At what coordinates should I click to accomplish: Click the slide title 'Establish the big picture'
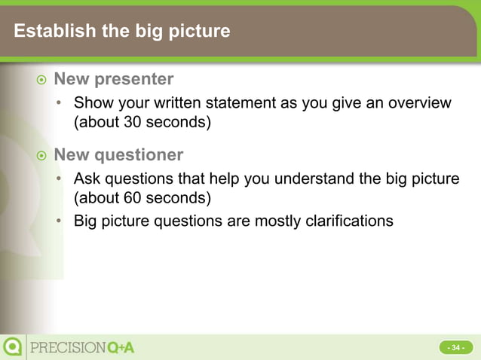point(121,32)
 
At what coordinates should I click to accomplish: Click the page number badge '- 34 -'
point(455,347)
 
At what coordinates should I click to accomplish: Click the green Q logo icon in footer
point(12,347)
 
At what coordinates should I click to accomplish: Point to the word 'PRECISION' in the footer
point(67,348)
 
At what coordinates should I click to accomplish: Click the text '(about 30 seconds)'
point(142,121)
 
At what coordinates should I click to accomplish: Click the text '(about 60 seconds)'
point(142,198)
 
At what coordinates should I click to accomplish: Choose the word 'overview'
point(419,102)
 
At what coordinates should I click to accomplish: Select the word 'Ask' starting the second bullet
point(87,178)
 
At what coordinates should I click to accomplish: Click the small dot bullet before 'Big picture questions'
point(59,221)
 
